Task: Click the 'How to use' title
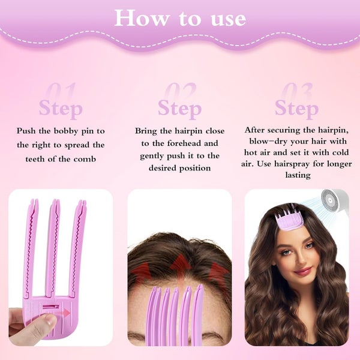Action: pyautogui.click(x=180, y=18)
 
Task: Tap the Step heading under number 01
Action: pyautogui.click(x=60, y=109)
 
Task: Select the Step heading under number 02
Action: pyautogui.click(x=179, y=109)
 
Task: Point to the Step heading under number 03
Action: pyautogui.click(x=296, y=109)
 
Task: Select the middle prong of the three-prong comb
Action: pyautogui.click(x=53, y=240)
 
